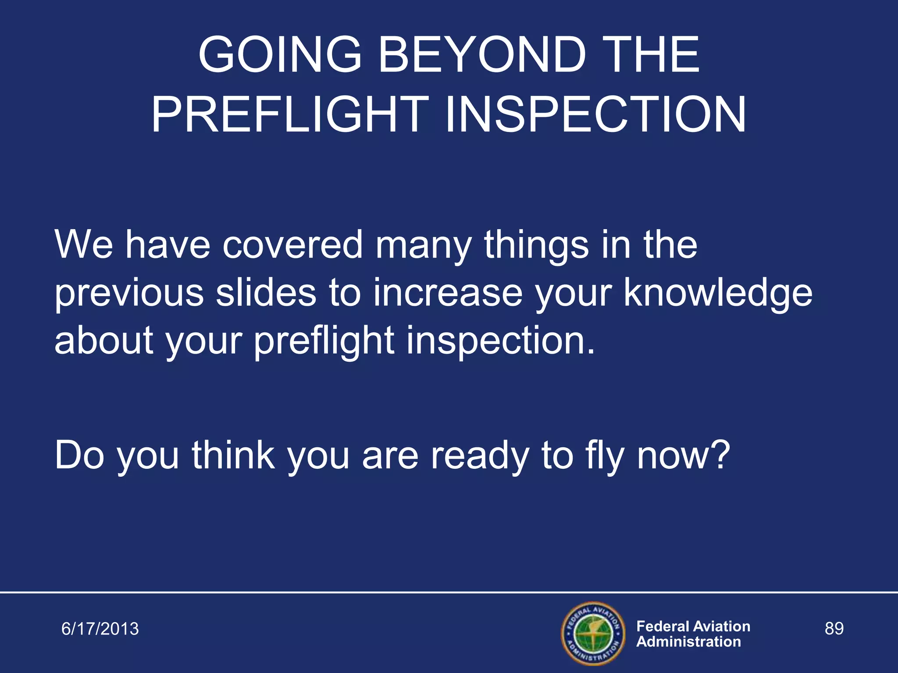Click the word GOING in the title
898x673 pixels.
tap(280, 55)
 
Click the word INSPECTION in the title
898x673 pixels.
tap(595, 115)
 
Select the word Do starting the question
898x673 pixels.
tap(79, 456)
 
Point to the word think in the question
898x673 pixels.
tap(233, 456)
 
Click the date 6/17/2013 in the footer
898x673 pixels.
tap(100, 629)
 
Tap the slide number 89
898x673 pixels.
tap(834, 628)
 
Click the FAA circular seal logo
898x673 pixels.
tap(593, 634)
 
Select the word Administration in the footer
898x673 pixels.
tap(688, 642)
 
